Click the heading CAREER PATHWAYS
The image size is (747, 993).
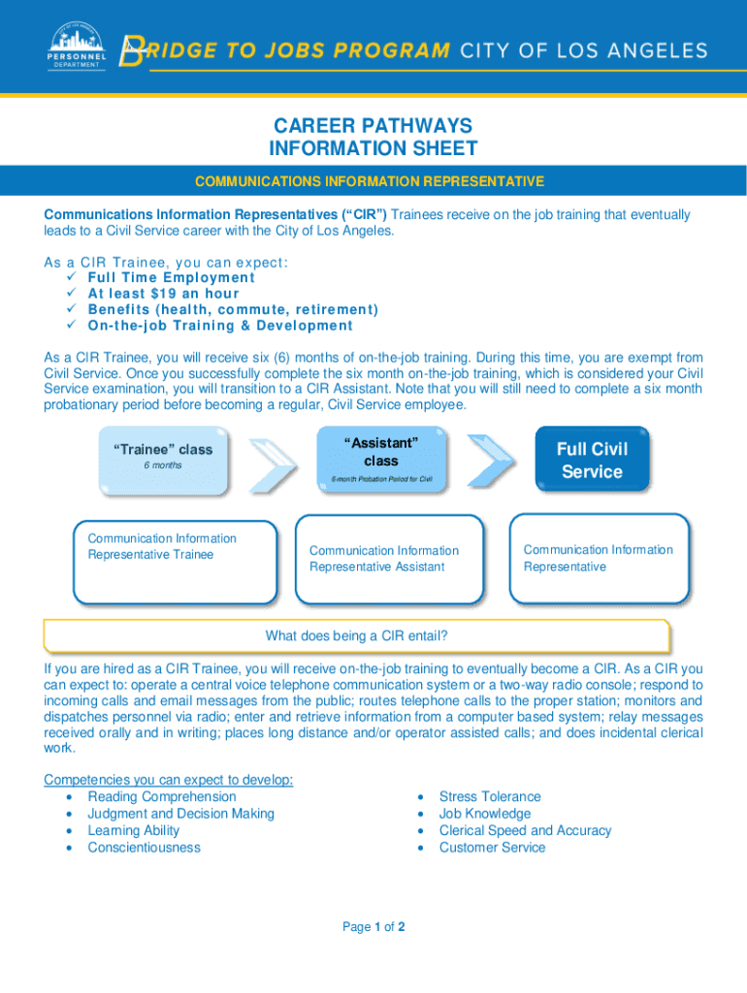tap(373, 126)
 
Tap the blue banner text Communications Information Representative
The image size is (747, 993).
tap(370, 181)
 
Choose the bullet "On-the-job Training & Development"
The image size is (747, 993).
tap(220, 325)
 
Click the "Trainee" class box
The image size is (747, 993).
tap(163, 458)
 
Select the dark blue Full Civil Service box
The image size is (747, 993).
tap(592, 460)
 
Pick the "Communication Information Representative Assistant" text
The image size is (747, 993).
tap(383, 559)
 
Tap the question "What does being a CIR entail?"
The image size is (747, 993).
tap(356, 636)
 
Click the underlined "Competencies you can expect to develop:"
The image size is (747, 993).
tap(169, 780)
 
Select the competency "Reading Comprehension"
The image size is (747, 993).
tap(161, 797)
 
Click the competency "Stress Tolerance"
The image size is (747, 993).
tap(490, 797)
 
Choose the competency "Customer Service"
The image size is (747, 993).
tap(492, 848)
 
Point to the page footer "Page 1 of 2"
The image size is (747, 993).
tap(373, 927)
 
